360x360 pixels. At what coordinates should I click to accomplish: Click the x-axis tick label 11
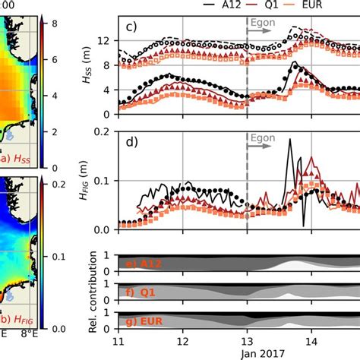pos(118,342)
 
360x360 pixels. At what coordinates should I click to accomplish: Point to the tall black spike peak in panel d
pos(289,149)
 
